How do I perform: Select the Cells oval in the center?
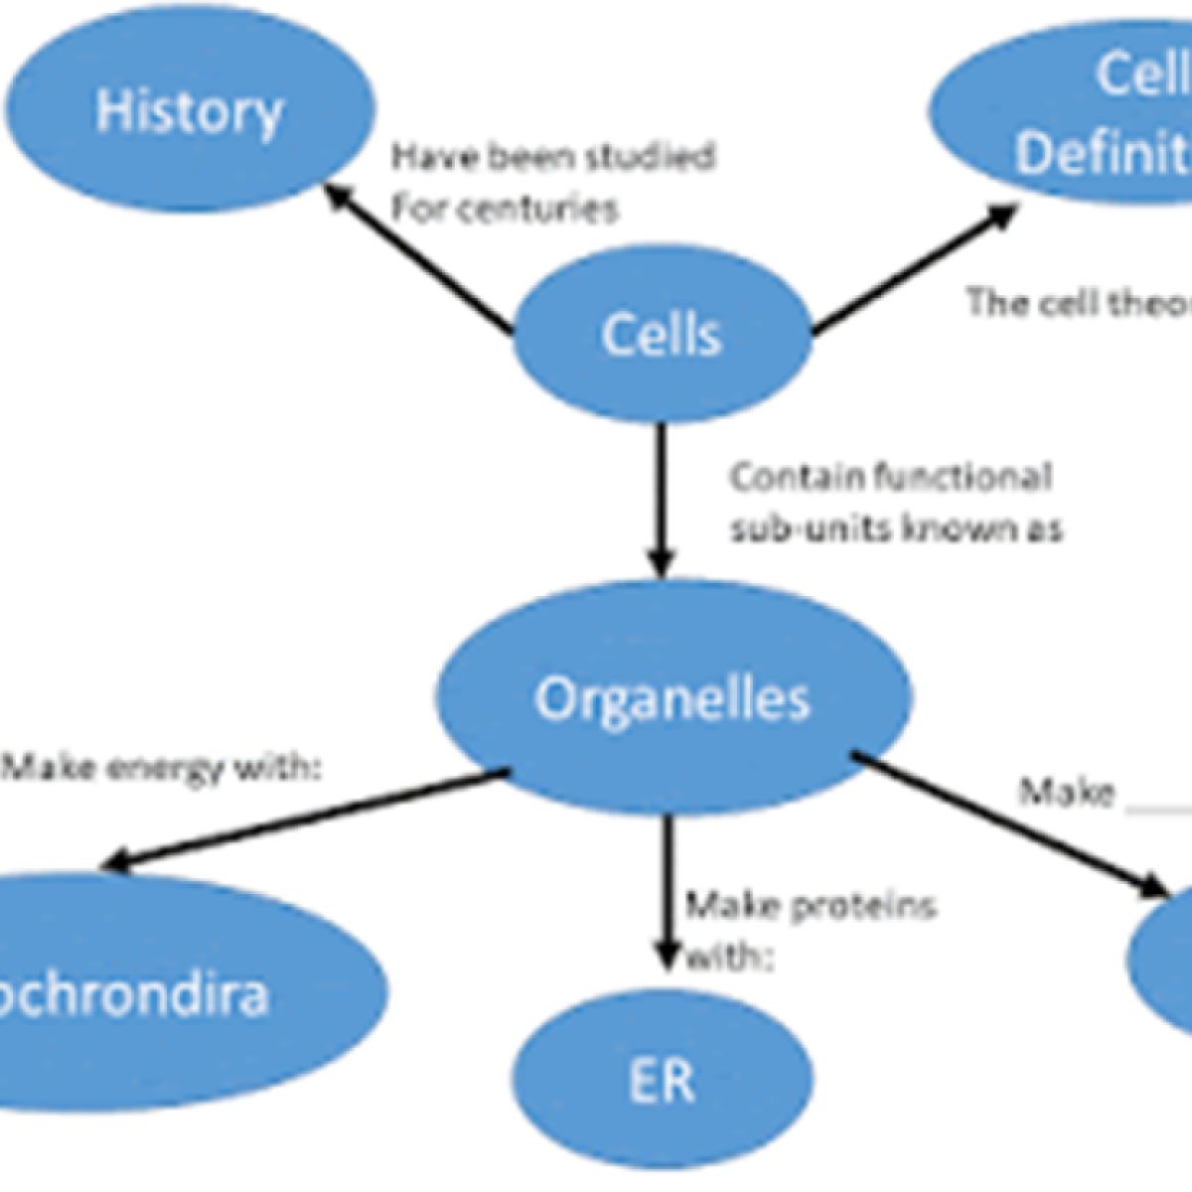661,335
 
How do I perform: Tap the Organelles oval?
673,699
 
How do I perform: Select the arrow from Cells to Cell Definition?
914,268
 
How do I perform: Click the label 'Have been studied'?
552,157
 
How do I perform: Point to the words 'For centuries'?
505,209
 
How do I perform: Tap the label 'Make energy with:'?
164,768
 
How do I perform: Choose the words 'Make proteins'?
811,906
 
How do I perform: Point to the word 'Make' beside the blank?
1067,793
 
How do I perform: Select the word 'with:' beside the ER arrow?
730,959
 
